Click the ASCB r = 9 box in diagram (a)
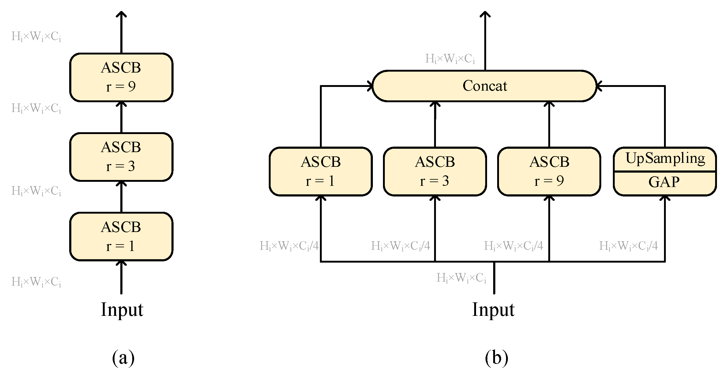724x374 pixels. (x=121, y=77)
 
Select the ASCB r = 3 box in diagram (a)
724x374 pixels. (x=121, y=157)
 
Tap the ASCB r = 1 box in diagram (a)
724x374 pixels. (x=121, y=236)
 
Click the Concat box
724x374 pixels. (x=485, y=86)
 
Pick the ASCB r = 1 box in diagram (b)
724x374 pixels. (x=321, y=171)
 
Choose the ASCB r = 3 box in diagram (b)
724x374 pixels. (x=435, y=171)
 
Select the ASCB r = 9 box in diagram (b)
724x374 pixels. (x=549, y=171)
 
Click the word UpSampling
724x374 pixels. (x=665, y=159)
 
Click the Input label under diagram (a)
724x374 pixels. (x=122, y=310)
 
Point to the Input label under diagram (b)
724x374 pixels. (x=493, y=310)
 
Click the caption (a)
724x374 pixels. (x=123, y=358)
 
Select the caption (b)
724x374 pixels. (x=496, y=358)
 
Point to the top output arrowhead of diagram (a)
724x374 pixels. (x=122, y=14)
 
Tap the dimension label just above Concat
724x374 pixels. (x=450, y=59)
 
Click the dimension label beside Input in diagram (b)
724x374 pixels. (x=461, y=278)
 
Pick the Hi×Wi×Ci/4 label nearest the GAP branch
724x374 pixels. (x=628, y=246)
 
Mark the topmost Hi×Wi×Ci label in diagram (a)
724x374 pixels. (x=36, y=37)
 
